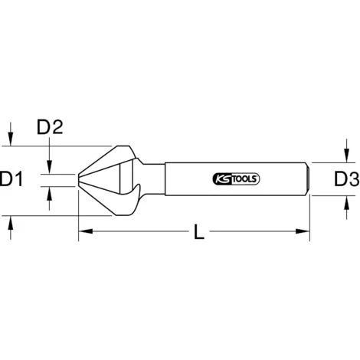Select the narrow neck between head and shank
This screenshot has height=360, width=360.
click(x=154, y=181)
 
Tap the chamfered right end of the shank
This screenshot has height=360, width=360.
click(x=306, y=181)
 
